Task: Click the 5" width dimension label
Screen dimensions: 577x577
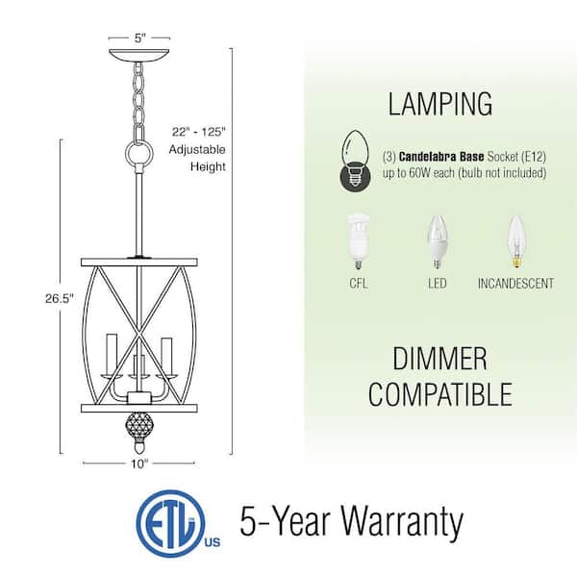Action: pos(140,39)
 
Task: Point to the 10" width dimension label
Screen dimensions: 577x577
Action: pos(139,463)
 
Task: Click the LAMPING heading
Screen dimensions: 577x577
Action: pos(440,103)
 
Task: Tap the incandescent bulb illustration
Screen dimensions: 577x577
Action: pos(515,241)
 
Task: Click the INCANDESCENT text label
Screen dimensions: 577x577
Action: pos(515,284)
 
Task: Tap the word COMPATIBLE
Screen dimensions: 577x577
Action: pos(440,393)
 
